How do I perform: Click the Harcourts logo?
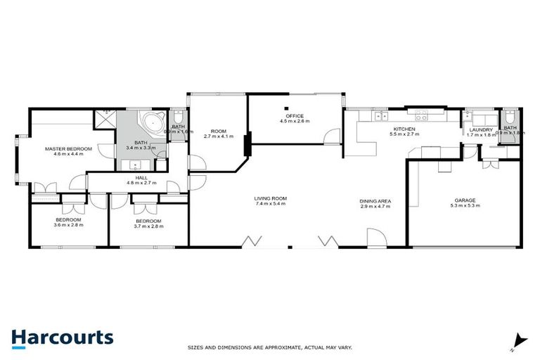click(x=62, y=337)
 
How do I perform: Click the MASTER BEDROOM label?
click(x=64, y=149)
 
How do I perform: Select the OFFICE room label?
click(x=295, y=116)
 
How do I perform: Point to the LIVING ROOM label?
click(x=271, y=198)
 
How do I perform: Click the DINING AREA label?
click(x=375, y=201)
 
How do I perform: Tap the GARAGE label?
click(x=464, y=200)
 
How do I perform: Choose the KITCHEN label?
click(x=404, y=129)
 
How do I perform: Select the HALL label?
click(x=141, y=178)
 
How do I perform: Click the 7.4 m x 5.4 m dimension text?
click(x=271, y=206)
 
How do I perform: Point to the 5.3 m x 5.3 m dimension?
click(x=464, y=207)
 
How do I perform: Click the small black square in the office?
click(x=286, y=108)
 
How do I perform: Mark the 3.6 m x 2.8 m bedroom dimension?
click(x=69, y=227)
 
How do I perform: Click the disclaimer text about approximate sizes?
click(x=269, y=347)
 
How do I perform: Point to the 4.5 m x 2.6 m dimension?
click(x=295, y=122)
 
